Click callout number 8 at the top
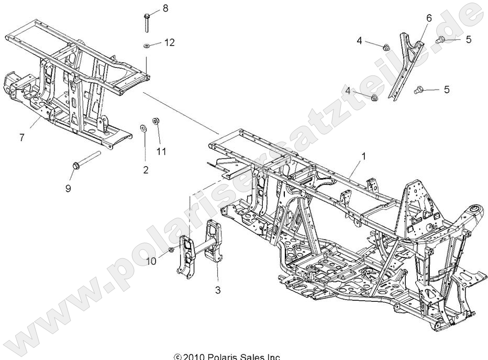(x=166, y=8)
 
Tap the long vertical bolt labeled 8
(x=146, y=22)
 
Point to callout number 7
(x=21, y=137)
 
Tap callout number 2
(x=146, y=169)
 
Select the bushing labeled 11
(x=156, y=122)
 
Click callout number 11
(x=161, y=151)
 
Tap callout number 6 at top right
(x=429, y=18)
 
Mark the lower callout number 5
(x=461, y=90)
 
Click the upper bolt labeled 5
(x=441, y=39)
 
